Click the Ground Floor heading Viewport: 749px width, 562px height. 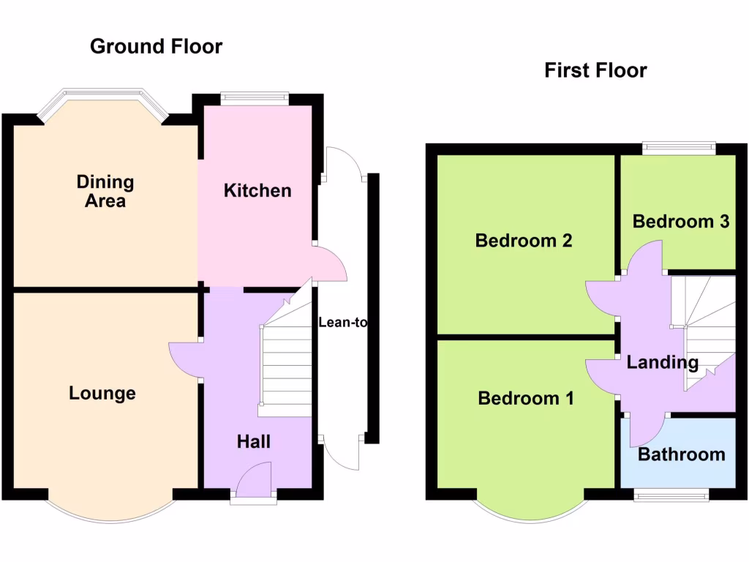point(156,47)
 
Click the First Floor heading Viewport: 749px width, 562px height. point(595,71)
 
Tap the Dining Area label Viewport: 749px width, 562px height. point(105,191)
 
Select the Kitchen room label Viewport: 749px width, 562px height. point(257,191)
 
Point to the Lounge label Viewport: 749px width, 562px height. point(102,394)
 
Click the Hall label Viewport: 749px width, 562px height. point(254,441)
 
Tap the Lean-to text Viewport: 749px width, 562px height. point(342,322)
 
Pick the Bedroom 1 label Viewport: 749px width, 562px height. point(525,398)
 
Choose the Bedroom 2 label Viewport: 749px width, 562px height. point(524,241)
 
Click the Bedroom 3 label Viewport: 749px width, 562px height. point(681,221)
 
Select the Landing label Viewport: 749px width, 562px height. point(663,362)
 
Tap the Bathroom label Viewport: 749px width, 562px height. point(681,454)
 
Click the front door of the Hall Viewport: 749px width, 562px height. point(254,483)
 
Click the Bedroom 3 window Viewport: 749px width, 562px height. point(679,149)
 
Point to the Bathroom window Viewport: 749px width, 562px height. point(671,495)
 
